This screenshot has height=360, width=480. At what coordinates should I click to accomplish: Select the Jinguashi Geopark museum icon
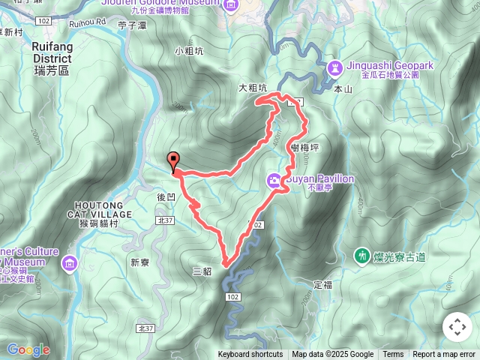[334, 67]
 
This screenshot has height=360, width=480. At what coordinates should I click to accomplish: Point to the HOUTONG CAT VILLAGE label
[103, 208]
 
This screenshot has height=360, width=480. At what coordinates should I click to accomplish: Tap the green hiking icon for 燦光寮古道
[363, 256]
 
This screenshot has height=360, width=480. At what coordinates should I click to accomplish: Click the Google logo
[28, 349]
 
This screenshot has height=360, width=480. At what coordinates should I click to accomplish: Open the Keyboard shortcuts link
[250, 355]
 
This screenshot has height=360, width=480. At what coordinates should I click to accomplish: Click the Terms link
[393, 355]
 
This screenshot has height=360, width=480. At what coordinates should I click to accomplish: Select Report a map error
[444, 355]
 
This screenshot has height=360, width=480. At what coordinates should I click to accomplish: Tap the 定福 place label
[322, 285]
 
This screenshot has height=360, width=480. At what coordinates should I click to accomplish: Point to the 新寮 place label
[140, 262]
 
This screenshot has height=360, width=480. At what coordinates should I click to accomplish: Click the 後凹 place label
[166, 196]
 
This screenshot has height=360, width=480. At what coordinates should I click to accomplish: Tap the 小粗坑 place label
[188, 51]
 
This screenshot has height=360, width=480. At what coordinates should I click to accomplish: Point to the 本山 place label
[343, 88]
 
